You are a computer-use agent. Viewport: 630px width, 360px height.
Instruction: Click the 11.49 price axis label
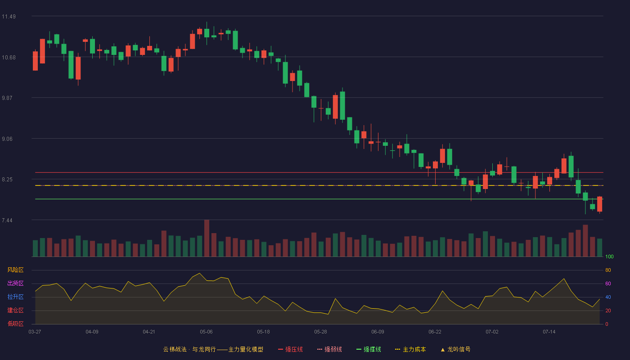click(x=9, y=17)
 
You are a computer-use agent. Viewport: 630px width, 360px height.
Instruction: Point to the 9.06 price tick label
click(x=7, y=139)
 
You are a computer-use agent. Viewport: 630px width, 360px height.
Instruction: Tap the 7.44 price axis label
click(x=7, y=220)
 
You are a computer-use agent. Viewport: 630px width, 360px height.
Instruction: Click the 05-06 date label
click(x=206, y=332)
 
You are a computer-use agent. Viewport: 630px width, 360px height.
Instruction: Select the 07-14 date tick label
click(x=549, y=332)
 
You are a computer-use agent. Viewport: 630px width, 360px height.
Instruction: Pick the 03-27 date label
click(x=35, y=332)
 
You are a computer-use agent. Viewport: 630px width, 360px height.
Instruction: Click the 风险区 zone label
click(x=15, y=270)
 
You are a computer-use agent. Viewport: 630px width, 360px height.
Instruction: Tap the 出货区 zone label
click(x=15, y=283)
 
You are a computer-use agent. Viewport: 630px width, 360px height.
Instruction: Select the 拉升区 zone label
click(x=15, y=297)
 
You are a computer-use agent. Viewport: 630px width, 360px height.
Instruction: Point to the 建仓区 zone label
click(x=15, y=310)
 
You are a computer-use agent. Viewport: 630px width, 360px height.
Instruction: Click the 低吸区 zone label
click(x=15, y=324)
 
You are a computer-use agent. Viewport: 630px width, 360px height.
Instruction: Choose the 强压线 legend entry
click(x=290, y=349)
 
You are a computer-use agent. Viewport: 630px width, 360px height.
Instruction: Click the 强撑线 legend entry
click(x=369, y=349)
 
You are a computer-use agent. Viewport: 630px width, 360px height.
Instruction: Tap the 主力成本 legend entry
click(x=410, y=349)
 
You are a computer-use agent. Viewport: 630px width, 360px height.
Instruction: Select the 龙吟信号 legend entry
click(x=455, y=349)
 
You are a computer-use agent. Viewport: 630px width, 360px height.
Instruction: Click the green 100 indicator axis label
click(x=609, y=256)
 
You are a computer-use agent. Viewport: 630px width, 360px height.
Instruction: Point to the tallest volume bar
click(x=207, y=238)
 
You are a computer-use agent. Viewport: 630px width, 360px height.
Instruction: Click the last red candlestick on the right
click(x=599, y=204)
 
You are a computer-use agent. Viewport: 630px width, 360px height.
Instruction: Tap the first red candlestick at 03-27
click(x=35, y=60)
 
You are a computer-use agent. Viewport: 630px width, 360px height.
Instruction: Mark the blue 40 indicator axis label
click(x=608, y=297)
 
